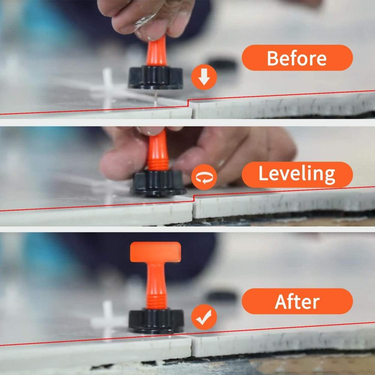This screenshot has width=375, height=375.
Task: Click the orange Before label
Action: click(297, 58)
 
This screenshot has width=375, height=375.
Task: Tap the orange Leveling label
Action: click(297, 174)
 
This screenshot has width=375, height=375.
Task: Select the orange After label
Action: click(297, 301)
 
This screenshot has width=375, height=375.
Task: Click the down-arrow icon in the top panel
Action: click(204, 78)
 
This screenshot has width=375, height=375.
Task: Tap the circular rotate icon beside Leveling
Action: click(204, 176)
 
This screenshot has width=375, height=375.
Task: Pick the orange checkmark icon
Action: click(204, 317)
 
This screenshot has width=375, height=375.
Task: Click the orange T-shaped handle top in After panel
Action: click(155, 251)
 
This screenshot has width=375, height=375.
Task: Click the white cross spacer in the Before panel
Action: click(108, 88)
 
